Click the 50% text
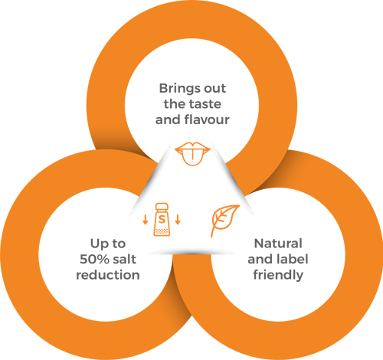click(x=94, y=259)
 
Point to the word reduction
click(x=108, y=275)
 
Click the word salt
click(x=125, y=259)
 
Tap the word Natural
click(x=278, y=244)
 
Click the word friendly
click(x=278, y=275)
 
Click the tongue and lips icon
click(x=192, y=154)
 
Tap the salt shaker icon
click(x=162, y=220)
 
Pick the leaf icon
click(x=224, y=220)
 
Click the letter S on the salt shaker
click(x=162, y=219)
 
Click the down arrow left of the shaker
click(x=146, y=220)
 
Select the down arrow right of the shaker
click(x=178, y=220)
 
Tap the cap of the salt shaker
click(x=162, y=207)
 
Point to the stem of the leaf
click(x=211, y=232)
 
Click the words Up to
click(x=108, y=244)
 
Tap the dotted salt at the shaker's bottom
click(x=162, y=231)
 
